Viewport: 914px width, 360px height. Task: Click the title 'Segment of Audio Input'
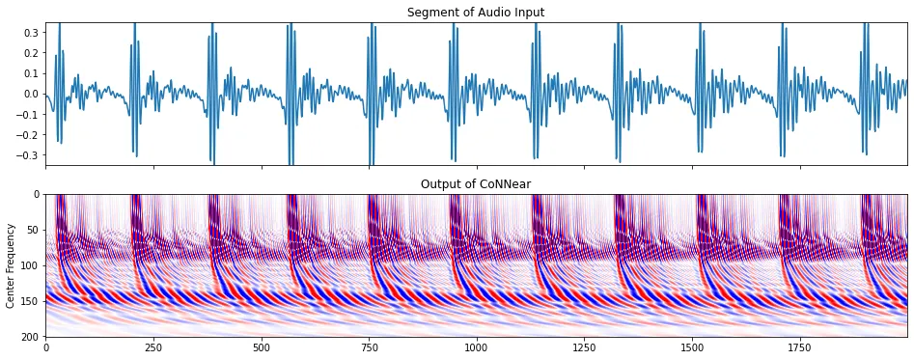476,12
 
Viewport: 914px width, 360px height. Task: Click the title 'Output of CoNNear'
476,183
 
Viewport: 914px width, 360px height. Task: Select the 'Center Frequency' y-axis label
12,265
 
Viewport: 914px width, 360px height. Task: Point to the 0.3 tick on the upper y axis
29,33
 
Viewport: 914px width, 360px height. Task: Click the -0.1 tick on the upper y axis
26,114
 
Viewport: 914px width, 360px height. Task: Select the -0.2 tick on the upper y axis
26,134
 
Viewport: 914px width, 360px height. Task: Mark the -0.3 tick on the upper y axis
26,154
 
